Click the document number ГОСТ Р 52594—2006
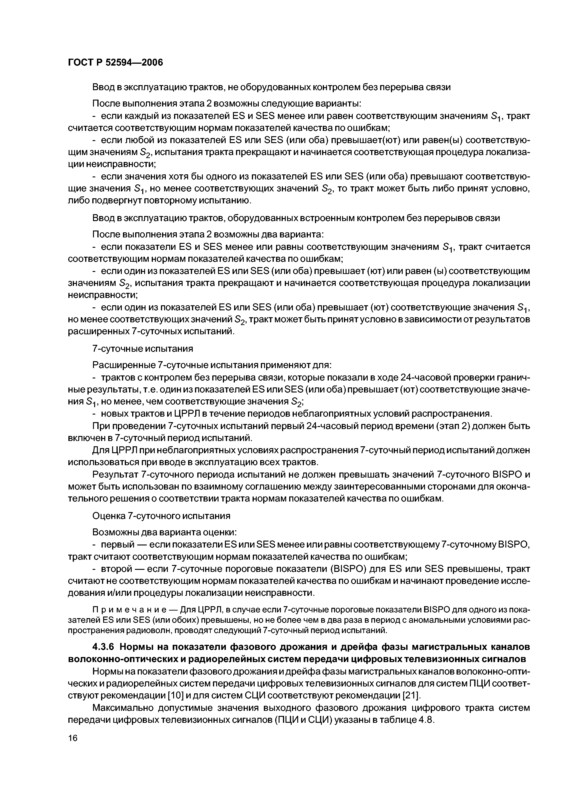click(115, 63)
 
